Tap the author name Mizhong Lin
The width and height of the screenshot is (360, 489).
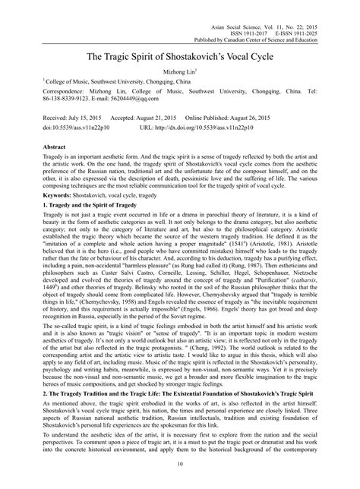179,69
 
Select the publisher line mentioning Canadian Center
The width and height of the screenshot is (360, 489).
270,24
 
